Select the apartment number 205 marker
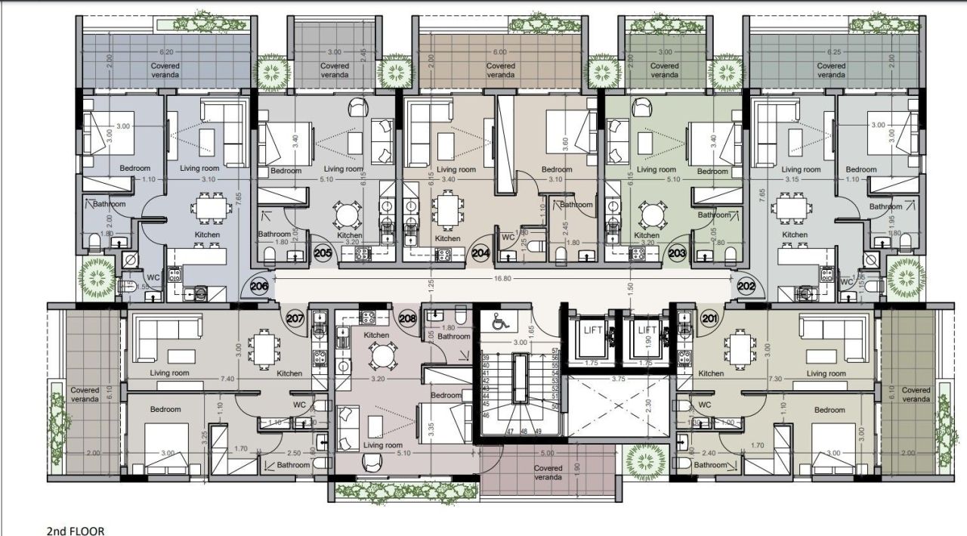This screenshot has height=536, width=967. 323,254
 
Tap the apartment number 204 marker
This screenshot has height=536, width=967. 480,254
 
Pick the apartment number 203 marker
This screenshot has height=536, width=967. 677,254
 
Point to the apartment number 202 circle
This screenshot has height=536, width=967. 746,287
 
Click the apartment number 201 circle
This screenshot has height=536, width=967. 709,318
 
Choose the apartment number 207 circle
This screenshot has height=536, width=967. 295,318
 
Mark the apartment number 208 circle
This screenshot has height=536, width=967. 408,318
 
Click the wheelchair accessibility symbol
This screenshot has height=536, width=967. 499,321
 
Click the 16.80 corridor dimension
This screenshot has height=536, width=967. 502,277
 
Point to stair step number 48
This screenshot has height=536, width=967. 524,431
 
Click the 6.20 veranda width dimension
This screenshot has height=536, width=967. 165,52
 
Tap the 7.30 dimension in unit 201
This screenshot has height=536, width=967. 772,378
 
